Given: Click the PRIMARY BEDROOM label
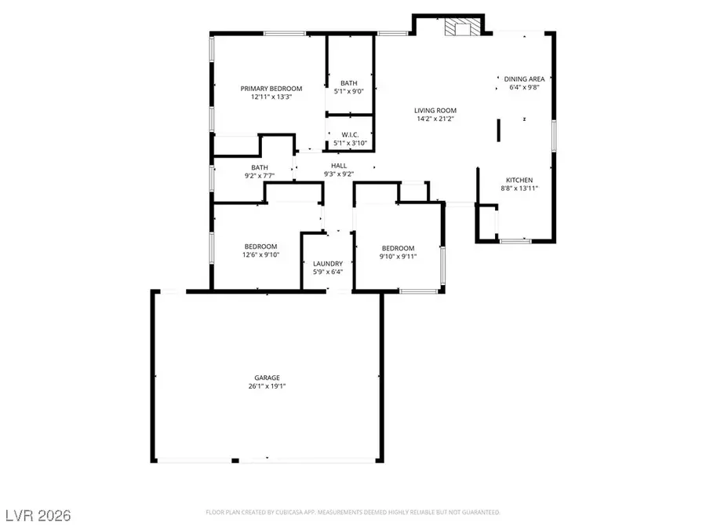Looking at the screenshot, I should tap(271, 89).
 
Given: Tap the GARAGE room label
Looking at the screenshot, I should tap(267, 377).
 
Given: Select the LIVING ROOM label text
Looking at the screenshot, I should tap(435, 110).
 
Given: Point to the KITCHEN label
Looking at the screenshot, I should tap(519, 180).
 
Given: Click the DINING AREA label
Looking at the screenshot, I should tap(524, 79).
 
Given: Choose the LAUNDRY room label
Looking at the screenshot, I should tap(327, 264).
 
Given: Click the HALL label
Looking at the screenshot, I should tap(339, 166).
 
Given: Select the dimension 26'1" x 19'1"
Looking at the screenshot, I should tap(267, 386).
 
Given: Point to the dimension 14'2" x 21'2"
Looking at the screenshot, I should tap(435, 119).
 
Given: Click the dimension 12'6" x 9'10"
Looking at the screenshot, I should tap(260, 254).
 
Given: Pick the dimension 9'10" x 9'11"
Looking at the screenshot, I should tap(398, 257).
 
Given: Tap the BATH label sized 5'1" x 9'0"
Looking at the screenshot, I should tap(349, 82).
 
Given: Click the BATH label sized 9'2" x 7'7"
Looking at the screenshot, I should tap(260, 167).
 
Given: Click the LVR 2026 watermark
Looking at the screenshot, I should tap(37, 515).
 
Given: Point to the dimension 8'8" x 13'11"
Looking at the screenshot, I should tap(519, 188).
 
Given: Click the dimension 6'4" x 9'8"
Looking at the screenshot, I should tap(524, 87).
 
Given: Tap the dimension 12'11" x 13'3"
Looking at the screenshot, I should tap(271, 97).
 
